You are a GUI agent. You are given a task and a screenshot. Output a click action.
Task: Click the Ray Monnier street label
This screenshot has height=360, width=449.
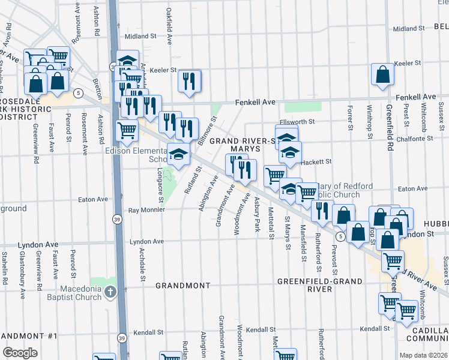point(147,211)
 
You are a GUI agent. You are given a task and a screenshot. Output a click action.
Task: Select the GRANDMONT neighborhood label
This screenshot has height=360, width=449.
point(182,286)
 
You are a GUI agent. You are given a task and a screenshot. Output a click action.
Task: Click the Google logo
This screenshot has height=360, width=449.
point(20,352)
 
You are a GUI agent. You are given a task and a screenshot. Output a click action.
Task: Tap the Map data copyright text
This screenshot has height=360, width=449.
point(423,355)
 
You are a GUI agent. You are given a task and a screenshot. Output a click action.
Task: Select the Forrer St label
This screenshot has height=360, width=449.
point(349,118)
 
